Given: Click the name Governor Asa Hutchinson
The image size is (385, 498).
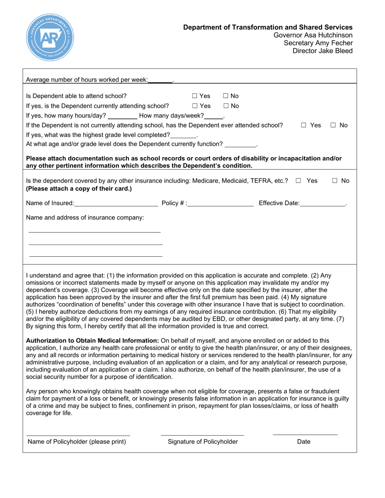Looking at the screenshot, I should pos(313,35).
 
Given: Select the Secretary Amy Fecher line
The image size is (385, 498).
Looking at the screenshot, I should pos(318,43).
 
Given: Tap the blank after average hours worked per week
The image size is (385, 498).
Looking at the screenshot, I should pos(160,80).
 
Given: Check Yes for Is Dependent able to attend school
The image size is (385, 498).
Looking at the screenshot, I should pos(195,96).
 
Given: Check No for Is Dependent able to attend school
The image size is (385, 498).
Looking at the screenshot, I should pos(226,96).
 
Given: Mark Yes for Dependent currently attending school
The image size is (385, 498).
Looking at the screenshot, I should pos(195,106).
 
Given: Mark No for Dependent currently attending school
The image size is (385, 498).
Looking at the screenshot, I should pos(226,106).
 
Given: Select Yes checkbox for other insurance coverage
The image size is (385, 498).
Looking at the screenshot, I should pos(298,181).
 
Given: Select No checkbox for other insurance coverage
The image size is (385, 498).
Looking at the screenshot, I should pos(335,181).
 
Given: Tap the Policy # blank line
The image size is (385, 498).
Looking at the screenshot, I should pos(221,203).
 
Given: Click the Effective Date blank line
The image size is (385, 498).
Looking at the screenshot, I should pos(323,203).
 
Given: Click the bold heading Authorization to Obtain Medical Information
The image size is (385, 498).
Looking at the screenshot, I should pos(92,341).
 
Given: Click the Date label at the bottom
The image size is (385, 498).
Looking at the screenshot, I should pos(304,442).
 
